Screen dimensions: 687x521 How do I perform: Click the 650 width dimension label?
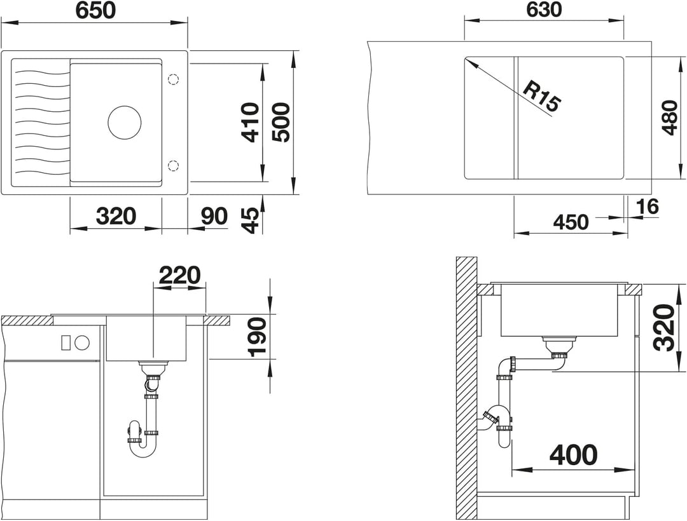click(x=95, y=11)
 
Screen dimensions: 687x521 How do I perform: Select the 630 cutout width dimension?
click(x=544, y=9)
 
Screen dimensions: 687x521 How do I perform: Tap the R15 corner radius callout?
click(x=542, y=98)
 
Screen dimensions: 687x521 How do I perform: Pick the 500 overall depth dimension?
click(x=281, y=122)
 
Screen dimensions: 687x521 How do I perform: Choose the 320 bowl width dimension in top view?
click(x=116, y=216)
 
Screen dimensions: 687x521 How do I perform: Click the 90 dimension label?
click(x=214, y=216)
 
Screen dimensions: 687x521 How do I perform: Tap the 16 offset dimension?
click(x=647, y=206)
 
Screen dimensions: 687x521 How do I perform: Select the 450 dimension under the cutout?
click(x=571, y=222)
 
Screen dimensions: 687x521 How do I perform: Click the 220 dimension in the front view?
click(x=179, y=276)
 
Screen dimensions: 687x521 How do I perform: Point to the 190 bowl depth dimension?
click(x=257, y=337)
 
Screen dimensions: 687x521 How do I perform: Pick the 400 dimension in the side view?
click(x=574, y=455)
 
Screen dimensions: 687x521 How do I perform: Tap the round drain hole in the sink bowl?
click(x=125, y=123)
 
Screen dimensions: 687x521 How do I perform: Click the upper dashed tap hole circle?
click(x=174, y=79)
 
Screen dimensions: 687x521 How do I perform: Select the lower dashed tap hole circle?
click(x=174, y=165)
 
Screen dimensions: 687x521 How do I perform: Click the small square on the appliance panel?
click(x=66, y=342)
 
